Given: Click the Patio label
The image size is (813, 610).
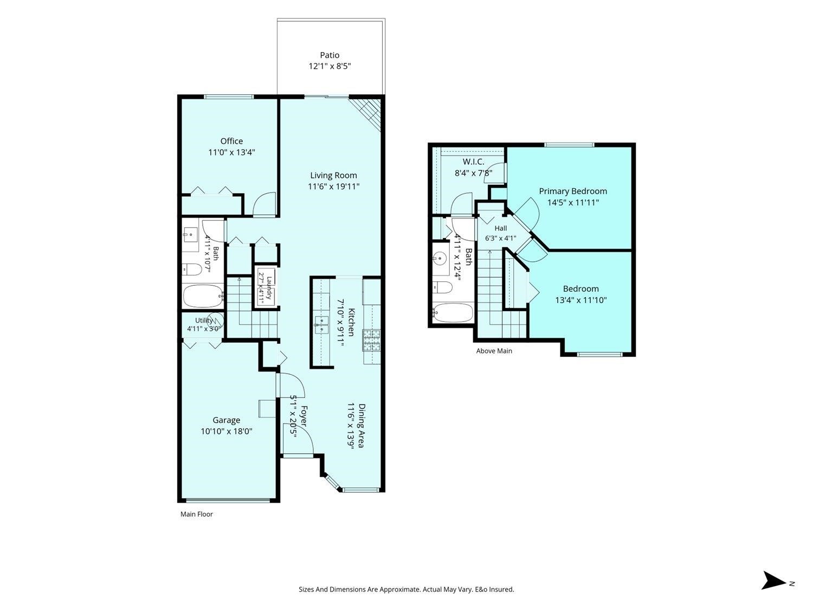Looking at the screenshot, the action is coord(330,55).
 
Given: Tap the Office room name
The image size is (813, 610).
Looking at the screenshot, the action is coord(231,141).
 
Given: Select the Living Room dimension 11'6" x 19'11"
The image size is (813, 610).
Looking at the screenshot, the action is coord(333,187).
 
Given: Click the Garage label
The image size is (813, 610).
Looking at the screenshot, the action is coord(226,420).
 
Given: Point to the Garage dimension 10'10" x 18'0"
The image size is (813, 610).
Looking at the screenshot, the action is coord(227,431).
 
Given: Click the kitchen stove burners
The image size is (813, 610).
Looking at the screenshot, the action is coord(371,340).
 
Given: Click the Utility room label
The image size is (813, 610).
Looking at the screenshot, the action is coord(204,320).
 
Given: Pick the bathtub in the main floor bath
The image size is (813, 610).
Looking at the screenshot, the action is coord(203,296).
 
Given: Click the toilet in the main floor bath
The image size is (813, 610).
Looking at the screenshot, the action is coord(192,269).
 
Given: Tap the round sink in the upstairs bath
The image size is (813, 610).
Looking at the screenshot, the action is coord(441,256).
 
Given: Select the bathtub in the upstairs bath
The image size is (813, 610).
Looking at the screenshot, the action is coord(453,313).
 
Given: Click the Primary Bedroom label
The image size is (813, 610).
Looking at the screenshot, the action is coord(572,191).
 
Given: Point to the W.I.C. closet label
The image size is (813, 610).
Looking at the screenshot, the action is coord(473,162).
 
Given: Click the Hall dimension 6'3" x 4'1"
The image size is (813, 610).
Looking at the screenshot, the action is coord(500,238).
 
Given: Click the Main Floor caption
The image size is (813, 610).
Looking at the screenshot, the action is coord(196,514).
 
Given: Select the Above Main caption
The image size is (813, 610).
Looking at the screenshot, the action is coord(494,351).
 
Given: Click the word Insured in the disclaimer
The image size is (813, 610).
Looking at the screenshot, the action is coord(501,589).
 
